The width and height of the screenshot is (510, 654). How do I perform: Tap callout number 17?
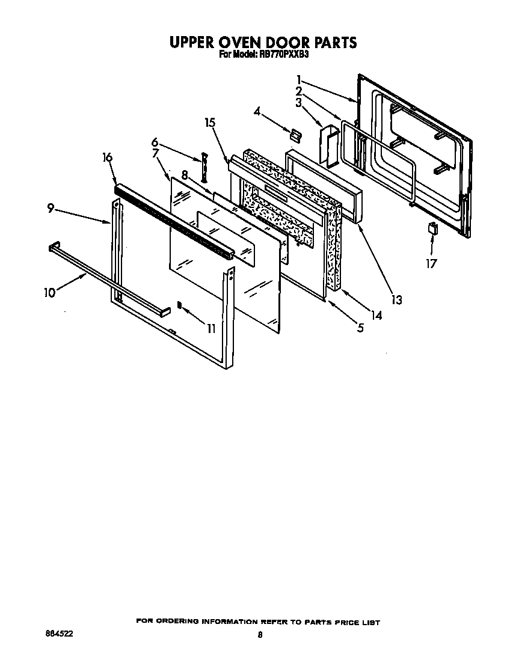[431, 263]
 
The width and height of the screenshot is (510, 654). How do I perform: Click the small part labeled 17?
[431, 228]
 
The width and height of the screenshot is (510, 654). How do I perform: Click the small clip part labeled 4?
[295, 134]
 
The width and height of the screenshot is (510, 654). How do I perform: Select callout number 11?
[210, 328]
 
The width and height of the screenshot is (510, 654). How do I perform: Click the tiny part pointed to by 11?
[179, 305]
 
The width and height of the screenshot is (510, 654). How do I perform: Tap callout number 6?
[155, 142]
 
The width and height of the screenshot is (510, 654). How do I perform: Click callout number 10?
[49, 293]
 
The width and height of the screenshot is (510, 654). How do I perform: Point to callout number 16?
[107, 158]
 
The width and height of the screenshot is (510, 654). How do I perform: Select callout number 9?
[51, 208]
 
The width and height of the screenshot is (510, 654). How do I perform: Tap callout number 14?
[376, 314]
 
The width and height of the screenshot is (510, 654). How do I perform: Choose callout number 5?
[360, 328]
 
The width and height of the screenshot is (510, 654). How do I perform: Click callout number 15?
[210, 123]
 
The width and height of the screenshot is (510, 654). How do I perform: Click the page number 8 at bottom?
[259, 634]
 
